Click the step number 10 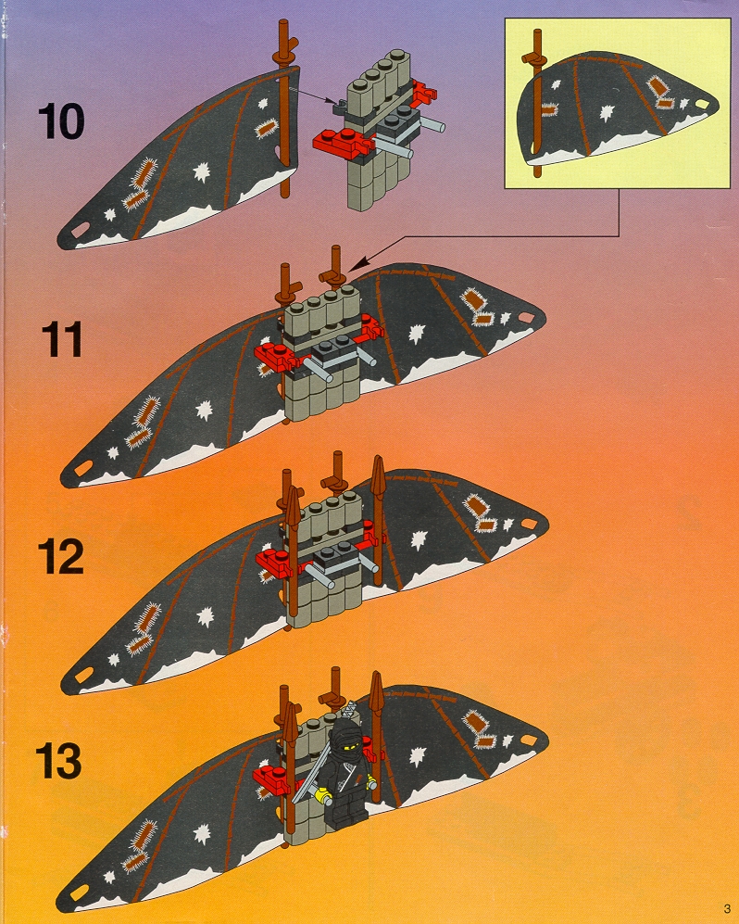61,121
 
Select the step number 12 60,556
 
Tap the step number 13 59,761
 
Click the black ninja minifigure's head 348,732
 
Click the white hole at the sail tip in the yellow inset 702,104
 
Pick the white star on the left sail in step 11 203,409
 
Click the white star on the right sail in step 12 419,539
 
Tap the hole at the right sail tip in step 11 527,318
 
